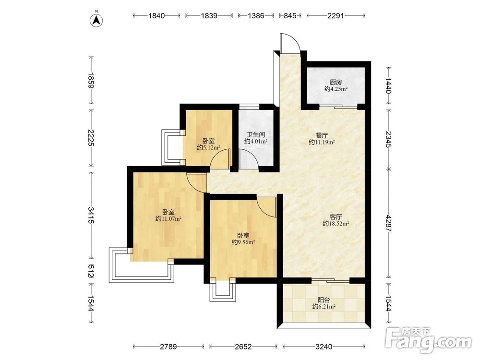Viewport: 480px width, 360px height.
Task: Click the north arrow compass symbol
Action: tap(96, 20)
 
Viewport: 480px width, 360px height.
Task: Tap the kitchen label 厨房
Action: tap(336, 83)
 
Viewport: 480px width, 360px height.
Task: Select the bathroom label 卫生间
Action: tap(256, 135)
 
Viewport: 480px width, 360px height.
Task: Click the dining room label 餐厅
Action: tap(322, 135)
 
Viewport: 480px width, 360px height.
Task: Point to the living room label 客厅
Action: tap(336, 217)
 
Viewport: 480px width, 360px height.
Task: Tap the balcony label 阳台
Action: tap(324, 300)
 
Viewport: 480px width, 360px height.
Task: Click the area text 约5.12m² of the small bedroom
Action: tap(209, 148)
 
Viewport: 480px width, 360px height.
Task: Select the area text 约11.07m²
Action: tap(168, 218)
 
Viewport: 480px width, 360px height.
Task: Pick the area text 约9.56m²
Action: tap(243, 242)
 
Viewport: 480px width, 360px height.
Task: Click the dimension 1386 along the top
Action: tap(256, 16)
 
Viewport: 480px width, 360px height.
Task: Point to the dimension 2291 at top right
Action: tap(336, 16)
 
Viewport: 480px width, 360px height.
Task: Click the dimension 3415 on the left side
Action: tap(91, 215)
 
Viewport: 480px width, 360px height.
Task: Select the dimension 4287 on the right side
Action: tap(388, 224)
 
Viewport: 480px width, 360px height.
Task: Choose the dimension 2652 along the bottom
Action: tap(243, 347)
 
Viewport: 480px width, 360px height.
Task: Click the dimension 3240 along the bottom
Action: tap(324, 347)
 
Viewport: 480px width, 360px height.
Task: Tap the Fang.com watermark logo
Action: tap(428, 340)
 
